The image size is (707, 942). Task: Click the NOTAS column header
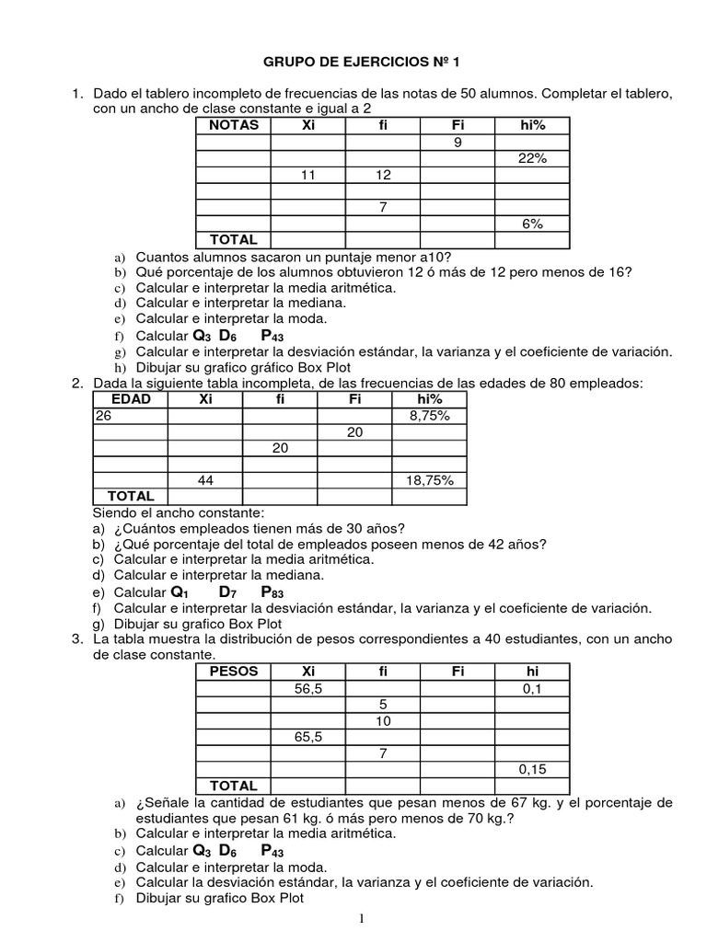point(234,125)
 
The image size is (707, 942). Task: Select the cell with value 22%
point(532,158)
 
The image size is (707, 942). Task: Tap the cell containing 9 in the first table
point(458,142)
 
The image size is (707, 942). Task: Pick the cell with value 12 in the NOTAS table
point(383,175)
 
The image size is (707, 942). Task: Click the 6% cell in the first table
point(532,224)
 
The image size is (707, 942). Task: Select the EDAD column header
point(130,399)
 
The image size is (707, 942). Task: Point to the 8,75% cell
point(429,416)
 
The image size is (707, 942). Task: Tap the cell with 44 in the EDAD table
point(204,480)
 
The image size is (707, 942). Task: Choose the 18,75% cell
point(429,480)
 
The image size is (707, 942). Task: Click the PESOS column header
point(234,672)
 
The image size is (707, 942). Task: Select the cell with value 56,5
point(308,688)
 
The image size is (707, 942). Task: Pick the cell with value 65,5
point(308,737)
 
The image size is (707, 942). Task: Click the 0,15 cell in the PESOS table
point(532,769)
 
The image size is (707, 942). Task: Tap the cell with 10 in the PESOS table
point(383,720)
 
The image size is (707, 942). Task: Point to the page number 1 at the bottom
point(362,918)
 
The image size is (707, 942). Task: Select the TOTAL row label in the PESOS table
point(234,786)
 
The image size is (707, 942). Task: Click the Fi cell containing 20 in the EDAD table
point(354,431)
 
